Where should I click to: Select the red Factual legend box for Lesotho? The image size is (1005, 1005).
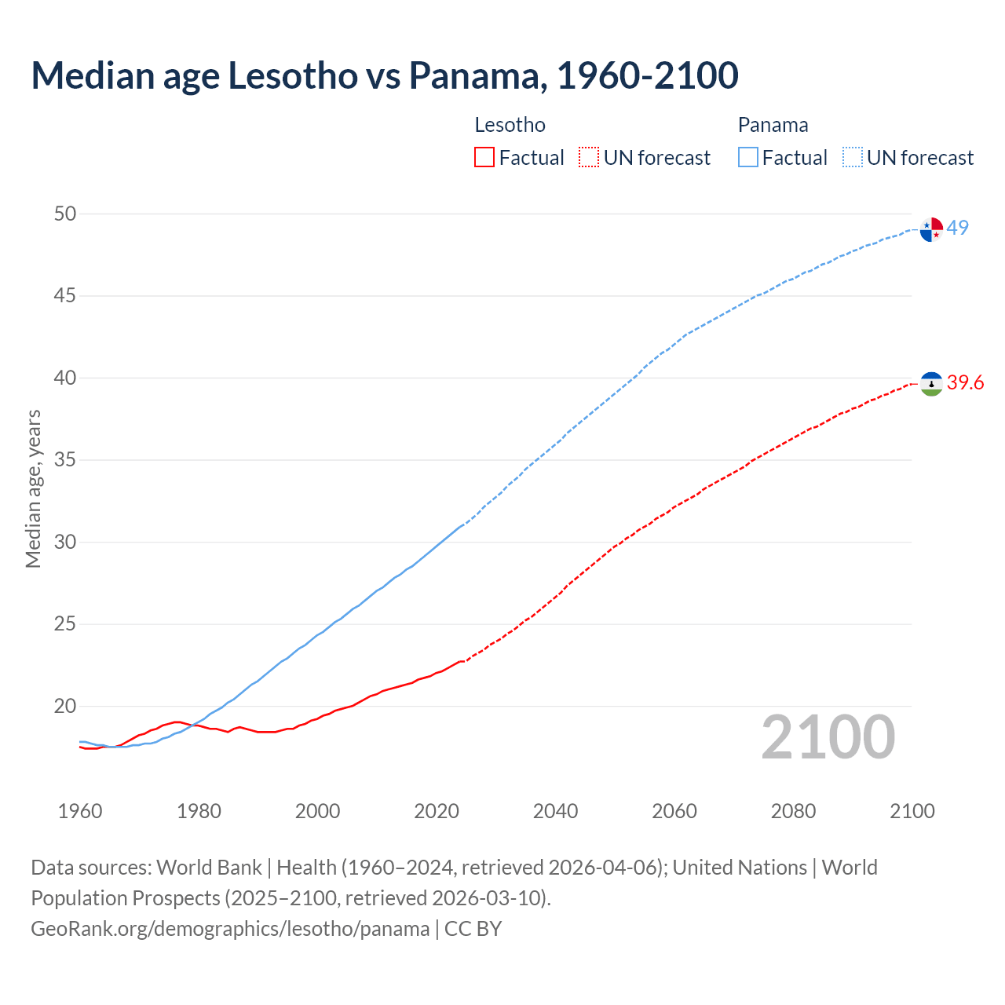tap(484, 158)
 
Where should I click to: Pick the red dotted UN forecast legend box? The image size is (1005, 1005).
tap(589, 158)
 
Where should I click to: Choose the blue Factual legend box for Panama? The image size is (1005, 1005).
tap(748, 158)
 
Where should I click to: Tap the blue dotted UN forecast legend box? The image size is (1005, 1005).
tap(853, 158)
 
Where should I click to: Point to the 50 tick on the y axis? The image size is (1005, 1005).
tap(65, 214)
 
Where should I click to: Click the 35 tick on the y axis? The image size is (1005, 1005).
tap(65, 460)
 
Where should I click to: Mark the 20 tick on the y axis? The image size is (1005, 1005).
tap(65, 707)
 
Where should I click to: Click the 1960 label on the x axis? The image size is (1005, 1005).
tap(80, 811)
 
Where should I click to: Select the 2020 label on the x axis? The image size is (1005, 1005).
tap(437, 811)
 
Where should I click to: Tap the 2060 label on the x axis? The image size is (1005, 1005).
tap(674, 811)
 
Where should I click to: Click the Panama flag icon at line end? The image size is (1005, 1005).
tap(931, 229)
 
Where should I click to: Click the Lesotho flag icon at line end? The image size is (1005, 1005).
tap(931, 384)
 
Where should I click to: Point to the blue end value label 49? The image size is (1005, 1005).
tap(958, 228)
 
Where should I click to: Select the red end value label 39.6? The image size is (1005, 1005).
tap(965, 383)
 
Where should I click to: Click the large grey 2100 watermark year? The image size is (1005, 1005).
tap(828, 737)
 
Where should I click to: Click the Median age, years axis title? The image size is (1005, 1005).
tap(33, 488)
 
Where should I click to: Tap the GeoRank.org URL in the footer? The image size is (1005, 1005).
tap(230, 929)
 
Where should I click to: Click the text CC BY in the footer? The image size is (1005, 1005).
tap(473, 929)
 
